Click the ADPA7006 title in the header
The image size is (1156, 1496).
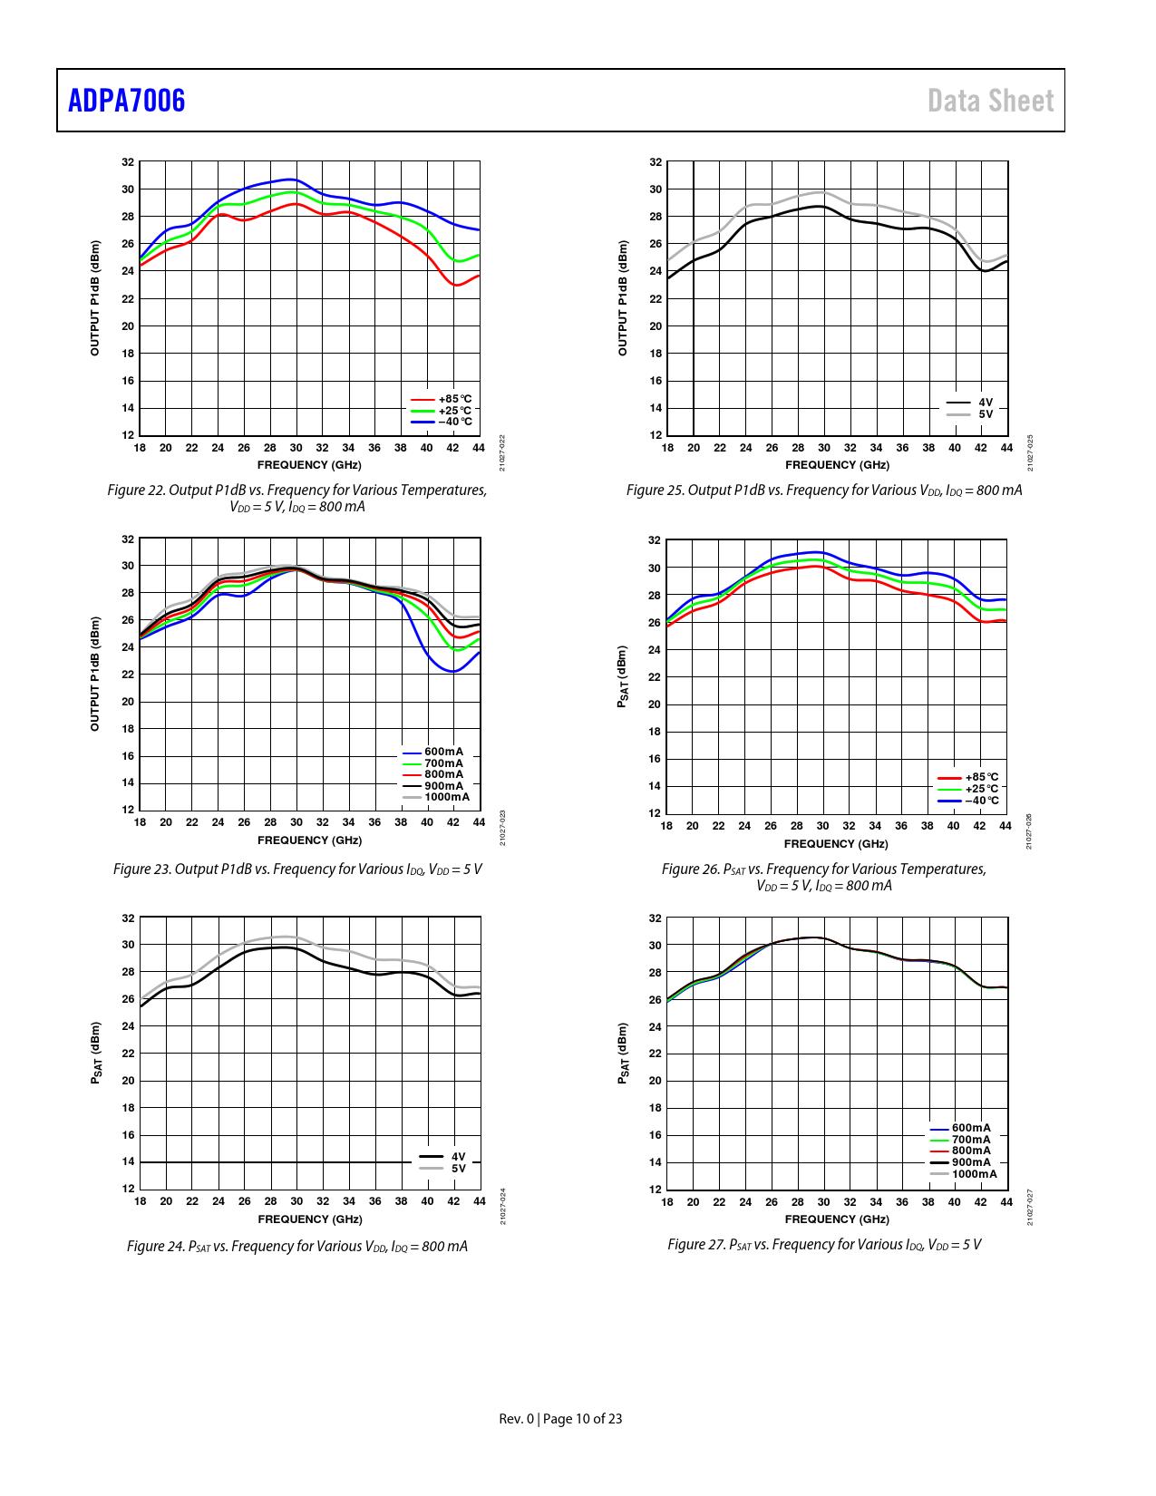(x=127, y=101)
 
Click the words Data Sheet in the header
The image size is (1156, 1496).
(x=990, y=101)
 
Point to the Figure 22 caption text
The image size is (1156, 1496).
(x=297, y=498)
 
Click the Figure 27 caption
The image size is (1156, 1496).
(x=824, y=1245)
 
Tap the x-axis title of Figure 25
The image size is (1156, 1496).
(x=837, y=465)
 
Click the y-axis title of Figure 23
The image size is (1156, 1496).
(x=94, y=674)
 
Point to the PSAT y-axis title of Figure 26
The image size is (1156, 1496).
(x=622, y=676)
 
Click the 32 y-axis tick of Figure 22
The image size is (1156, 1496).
(x=128, y=162)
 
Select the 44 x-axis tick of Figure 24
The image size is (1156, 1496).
(x=480, y=1201)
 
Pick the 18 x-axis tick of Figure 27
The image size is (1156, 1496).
(x=667, y=1202)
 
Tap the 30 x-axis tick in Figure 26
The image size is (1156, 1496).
(x=822, y=826)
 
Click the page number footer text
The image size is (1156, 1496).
(x=560, y=1419)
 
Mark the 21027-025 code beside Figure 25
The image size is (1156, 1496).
(x=1030, y=452)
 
